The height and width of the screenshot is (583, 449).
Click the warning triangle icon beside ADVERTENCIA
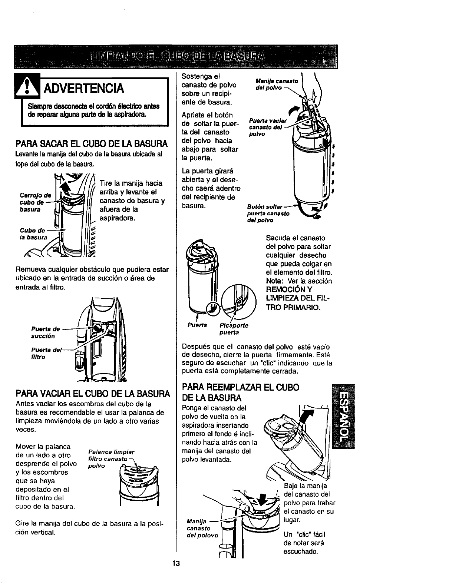pyautogui.click(x=27, y=86)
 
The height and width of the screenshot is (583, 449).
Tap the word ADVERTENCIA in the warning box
pyautogui.click(x=83, y=88)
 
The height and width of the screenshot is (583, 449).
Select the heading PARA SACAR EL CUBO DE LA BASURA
pyautogui.click(x=92, y=144)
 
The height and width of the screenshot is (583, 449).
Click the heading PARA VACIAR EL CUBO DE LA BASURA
pyautogui.click(x=93, y=394)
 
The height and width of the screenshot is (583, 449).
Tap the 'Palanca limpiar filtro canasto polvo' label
pyautogui.click(x=111, y=459)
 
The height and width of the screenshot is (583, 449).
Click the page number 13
pyautogui.click(x=176, y=563)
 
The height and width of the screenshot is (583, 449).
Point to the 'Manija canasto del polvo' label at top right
pyautogui.click(x=277, y=84)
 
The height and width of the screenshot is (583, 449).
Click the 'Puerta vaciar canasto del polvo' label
pyautogui.click(x=268, y=127)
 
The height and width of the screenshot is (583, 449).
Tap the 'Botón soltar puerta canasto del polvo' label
pyautogui.click(x=268, y=213)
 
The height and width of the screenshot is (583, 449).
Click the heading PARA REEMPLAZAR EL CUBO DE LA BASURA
pyautogui.click(x=241, y=392)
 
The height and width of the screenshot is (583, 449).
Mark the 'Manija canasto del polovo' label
pyautogui.click(x=202, y=528)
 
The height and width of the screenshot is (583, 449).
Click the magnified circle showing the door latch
pyautogui.click(x=239, y=301)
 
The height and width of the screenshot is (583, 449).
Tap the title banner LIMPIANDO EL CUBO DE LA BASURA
pyautogui.click(x=176, y=57)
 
